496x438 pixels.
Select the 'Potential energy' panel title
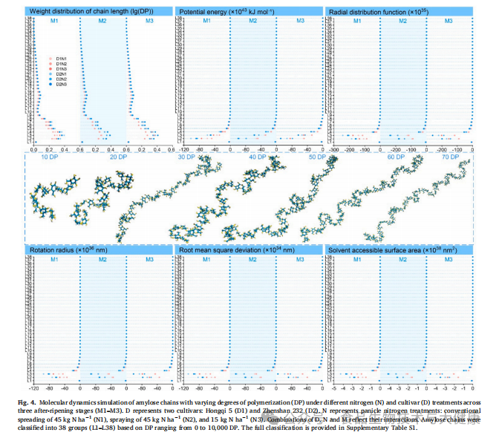tap(222, 10)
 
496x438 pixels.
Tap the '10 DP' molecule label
tap(50, 158)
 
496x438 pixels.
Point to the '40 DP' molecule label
tap(258, 158)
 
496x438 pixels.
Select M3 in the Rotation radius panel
tap(149, 260)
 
